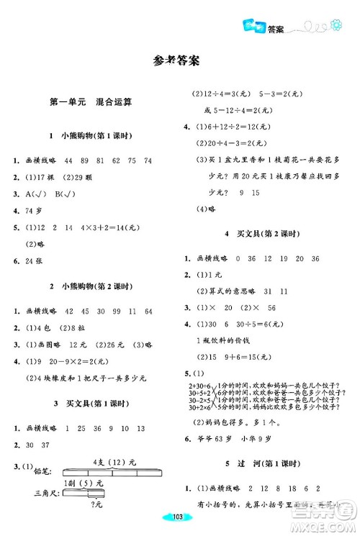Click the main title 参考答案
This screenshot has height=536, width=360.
click(x=180, y=62)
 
